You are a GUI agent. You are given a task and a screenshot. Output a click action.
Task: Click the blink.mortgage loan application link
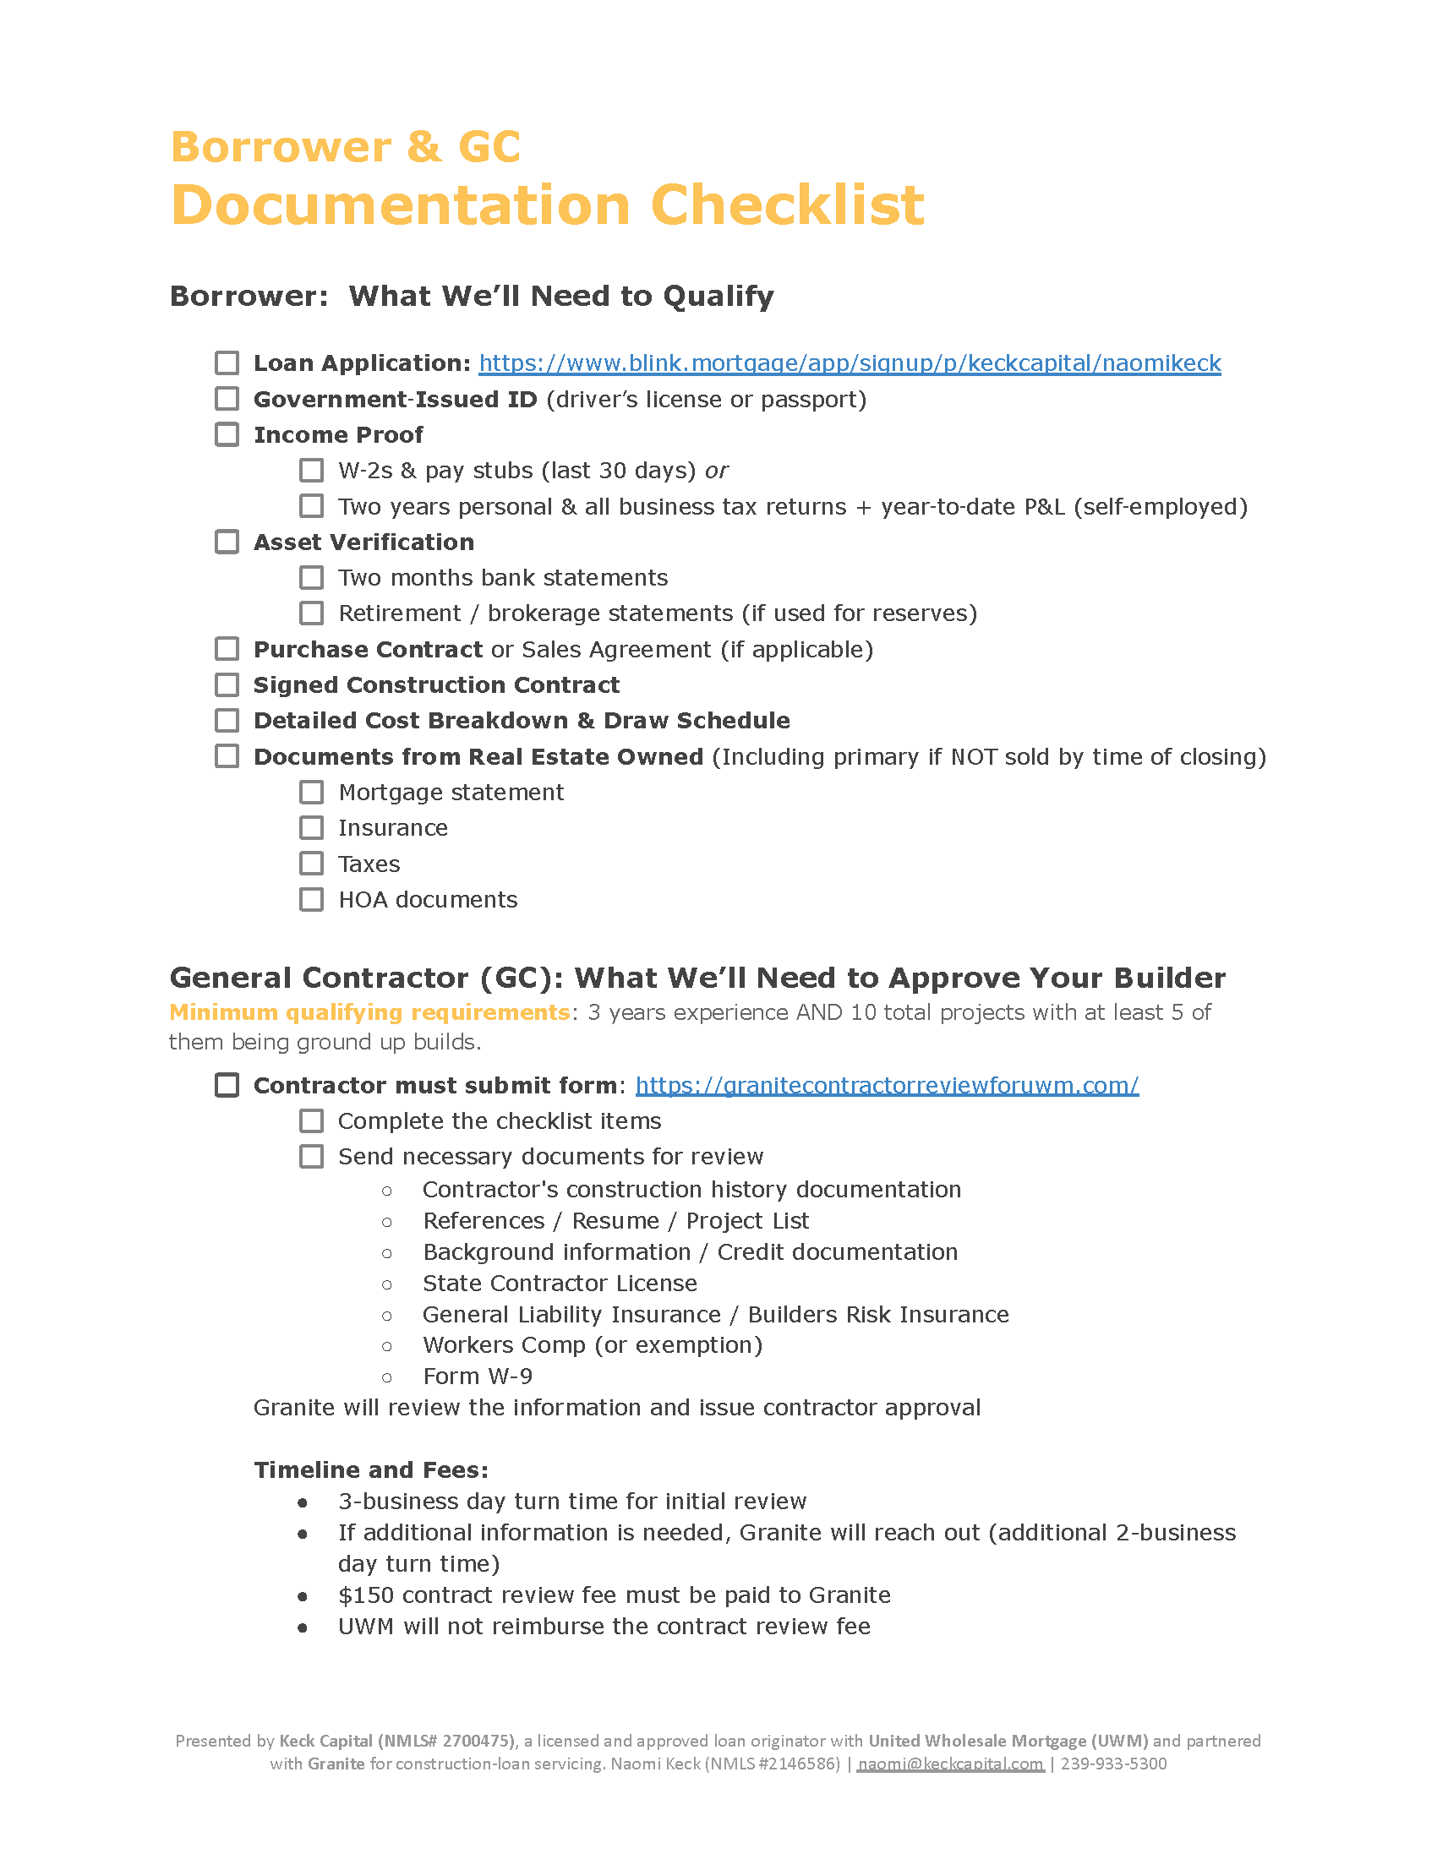coord(849,363)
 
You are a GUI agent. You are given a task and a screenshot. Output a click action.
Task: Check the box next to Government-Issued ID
coord(227,399)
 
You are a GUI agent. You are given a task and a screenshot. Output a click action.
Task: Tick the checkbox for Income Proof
coord(227,435)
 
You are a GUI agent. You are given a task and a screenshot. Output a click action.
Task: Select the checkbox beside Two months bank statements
coord(312,578)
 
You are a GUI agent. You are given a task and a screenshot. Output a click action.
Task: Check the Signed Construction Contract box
coord(227,685)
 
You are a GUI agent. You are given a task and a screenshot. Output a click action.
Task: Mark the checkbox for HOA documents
coord(312,900)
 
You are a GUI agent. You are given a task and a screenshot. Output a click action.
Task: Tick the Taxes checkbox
coord(312,864)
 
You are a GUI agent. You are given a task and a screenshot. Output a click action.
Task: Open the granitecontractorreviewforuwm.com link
coord(886,1085)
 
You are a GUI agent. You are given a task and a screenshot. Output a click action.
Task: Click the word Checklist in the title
coord(787,205)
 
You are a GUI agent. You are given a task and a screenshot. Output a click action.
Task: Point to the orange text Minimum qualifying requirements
coord(369,1012)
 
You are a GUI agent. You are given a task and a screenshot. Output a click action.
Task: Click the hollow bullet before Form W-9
coord(387,1377)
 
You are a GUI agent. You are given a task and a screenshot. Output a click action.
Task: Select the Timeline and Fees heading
coord(371,1470)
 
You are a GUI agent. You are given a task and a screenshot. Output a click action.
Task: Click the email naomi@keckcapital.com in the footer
coord(950,1764)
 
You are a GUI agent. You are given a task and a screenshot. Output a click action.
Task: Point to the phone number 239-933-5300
coord(1113,1764)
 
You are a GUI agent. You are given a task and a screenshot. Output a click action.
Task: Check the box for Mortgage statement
coord(312,793)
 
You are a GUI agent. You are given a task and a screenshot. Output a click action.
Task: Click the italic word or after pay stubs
coord(716,471)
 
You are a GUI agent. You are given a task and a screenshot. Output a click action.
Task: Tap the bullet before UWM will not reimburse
coord(303,1627)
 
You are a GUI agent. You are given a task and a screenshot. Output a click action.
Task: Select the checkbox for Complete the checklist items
coord(312,1121)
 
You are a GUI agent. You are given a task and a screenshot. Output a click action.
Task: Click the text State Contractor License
coord(560,1284)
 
